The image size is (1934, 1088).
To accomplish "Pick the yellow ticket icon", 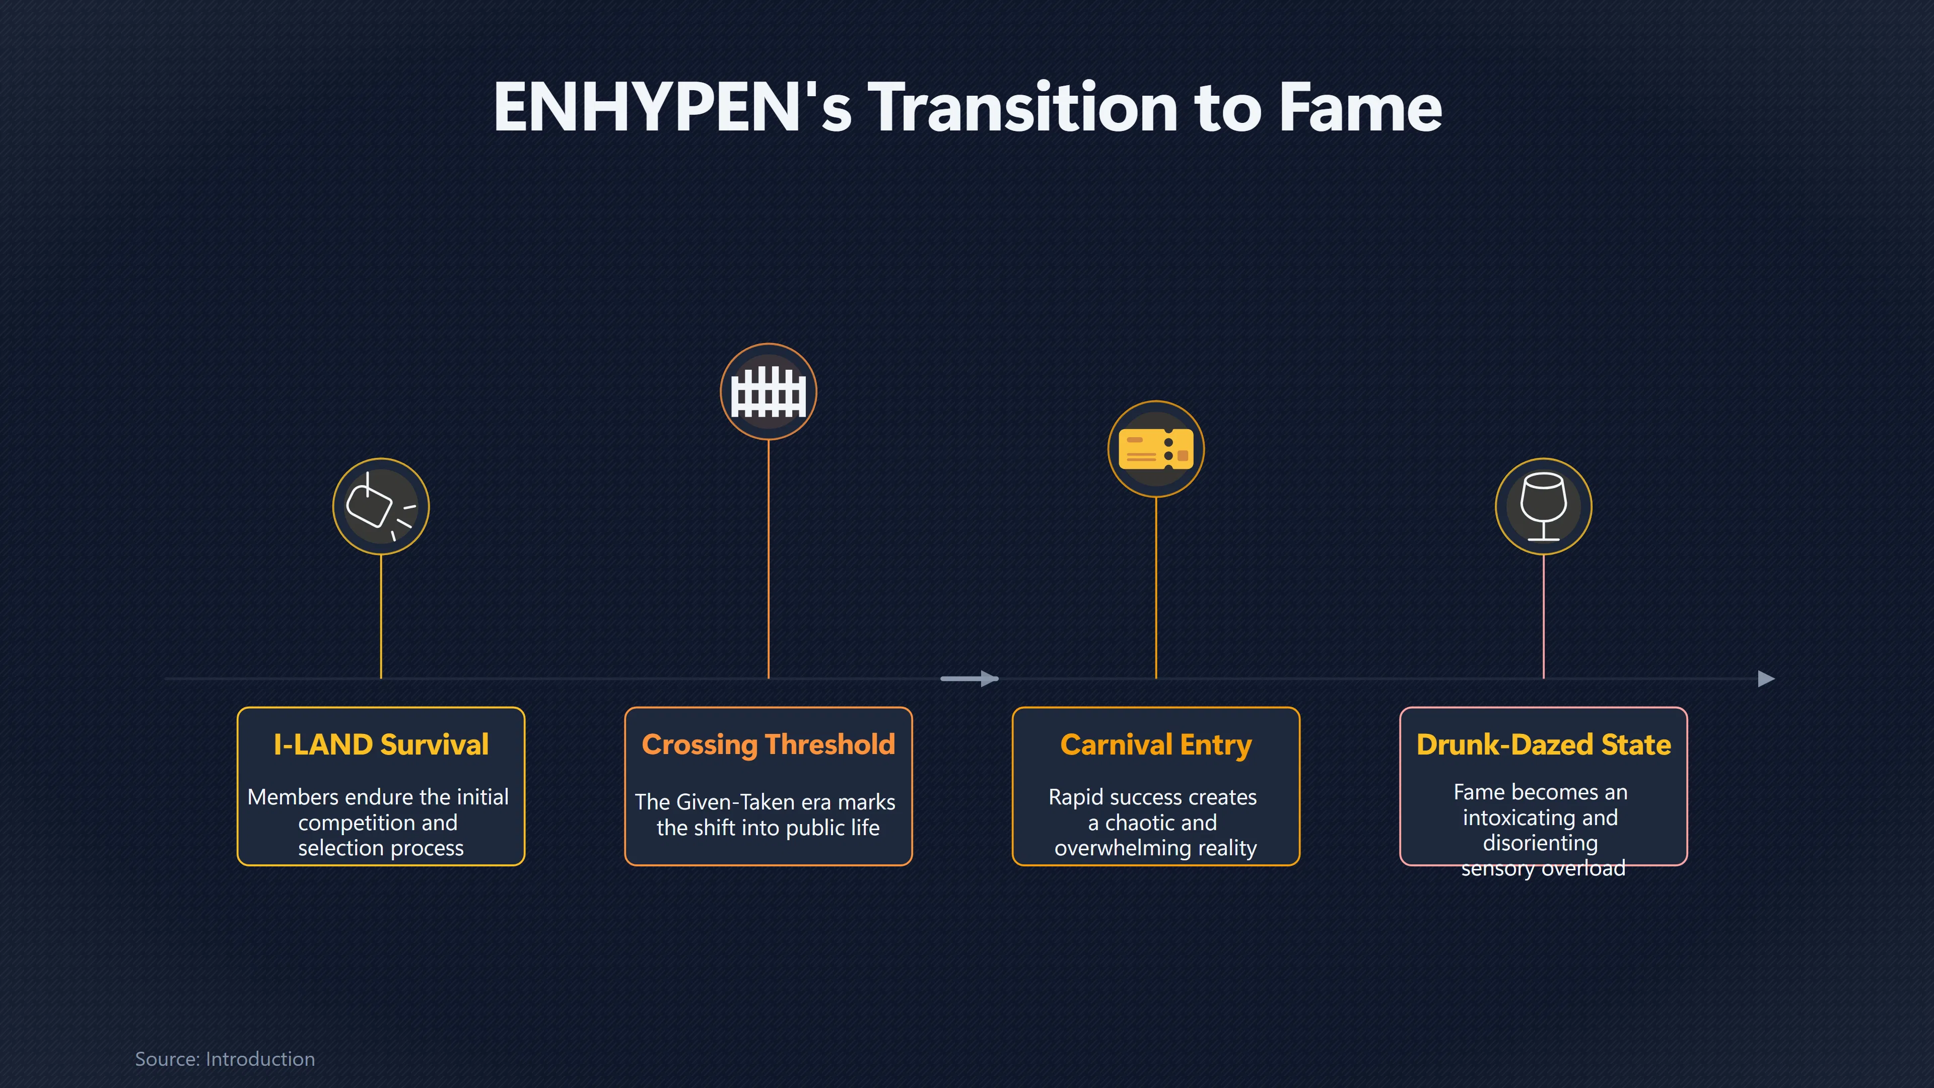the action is coord(1155,448).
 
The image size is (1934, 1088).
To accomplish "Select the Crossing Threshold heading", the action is coord(768,745).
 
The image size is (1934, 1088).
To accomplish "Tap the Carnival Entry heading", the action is coord(1155,745).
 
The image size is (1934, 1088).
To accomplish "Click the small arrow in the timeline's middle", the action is coord(969,679).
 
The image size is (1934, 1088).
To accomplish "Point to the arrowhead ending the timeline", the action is coord(1767,679).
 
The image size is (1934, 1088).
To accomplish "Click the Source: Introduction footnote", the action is coord(225,1059).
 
